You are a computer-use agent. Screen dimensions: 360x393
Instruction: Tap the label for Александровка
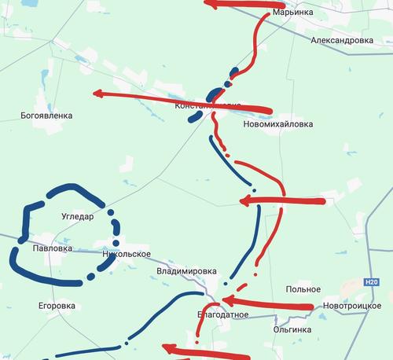pyautogui.click(x=341, y=39)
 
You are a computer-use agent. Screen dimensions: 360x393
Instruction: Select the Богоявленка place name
pyautogui.click(x=46, y=116)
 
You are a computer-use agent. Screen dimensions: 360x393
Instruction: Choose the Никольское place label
pyautogui.click(x=126, y=255)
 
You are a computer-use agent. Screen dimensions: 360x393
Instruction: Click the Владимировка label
pyautogui.click(x=186, y=271)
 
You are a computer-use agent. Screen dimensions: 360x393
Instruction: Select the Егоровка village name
pyautogui.click(x=57, y=305)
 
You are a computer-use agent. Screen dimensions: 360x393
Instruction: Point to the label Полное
pyautogui.click(x=303, y=289)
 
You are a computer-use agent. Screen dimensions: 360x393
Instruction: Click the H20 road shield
pyautogui.click(x=373, y=282)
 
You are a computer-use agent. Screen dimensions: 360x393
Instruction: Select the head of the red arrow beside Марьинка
pyautogui.click(x=210, y=3)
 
